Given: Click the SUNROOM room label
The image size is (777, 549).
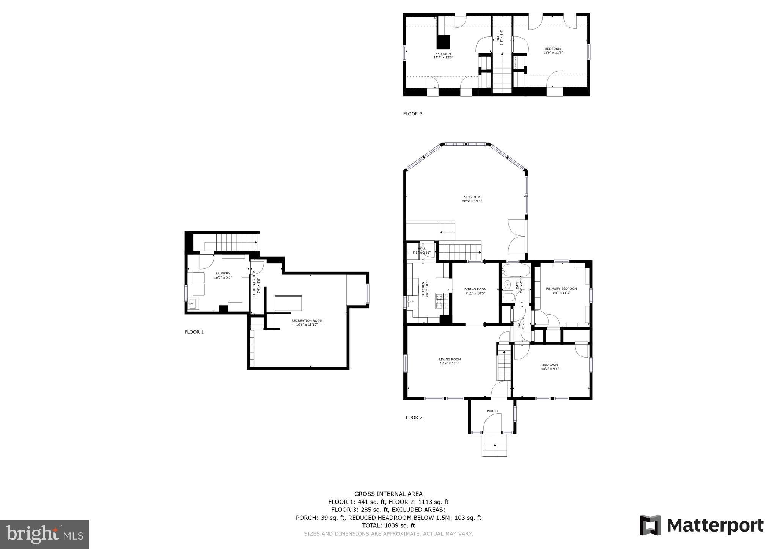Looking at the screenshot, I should (472, 197).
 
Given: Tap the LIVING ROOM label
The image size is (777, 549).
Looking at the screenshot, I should (450, 359).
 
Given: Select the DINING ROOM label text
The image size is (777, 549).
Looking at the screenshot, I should (475, 289).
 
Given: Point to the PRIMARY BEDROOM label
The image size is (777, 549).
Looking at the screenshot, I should (561, 289).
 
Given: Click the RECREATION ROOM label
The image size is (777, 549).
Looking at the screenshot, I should (307, 321).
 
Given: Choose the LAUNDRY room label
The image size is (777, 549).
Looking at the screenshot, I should (223, 274).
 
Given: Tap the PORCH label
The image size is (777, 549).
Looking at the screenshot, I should (492, 411).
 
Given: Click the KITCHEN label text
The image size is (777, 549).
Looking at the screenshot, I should (423, 289).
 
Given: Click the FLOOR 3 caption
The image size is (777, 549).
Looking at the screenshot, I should (412, 114).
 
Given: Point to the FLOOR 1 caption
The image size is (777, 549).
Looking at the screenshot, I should (194, 332).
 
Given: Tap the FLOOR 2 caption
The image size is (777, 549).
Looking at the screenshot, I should (413, 417).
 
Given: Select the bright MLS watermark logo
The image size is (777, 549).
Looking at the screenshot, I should (45, 535).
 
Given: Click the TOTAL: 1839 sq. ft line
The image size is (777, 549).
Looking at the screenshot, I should (388, 525).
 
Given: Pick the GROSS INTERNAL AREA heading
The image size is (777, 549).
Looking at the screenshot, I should (388, 494).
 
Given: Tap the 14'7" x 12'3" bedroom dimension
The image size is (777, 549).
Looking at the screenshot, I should (443, 58).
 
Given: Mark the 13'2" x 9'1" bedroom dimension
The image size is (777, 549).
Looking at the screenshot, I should (550, 369).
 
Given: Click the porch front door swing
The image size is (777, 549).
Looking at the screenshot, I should (494, 422).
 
